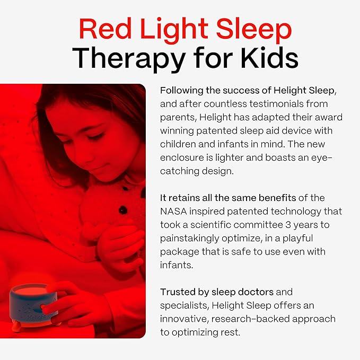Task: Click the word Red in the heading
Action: pos(101,30)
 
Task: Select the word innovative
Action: pos(184,319)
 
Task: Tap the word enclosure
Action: pos(182,158)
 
